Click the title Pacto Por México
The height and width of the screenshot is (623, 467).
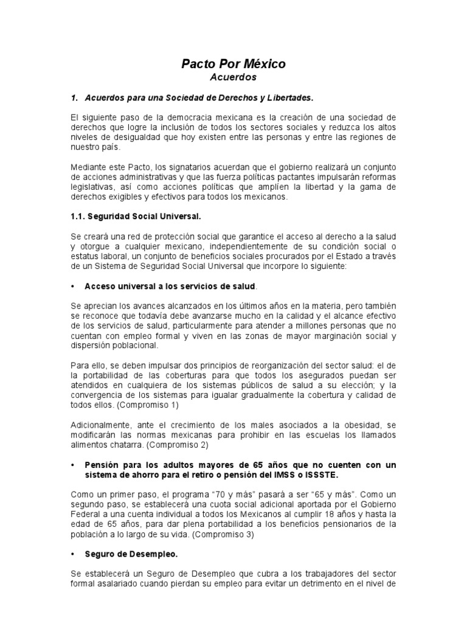pos(233,64)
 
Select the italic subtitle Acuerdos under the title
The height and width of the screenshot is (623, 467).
pos(233,77)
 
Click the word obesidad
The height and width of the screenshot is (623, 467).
pos(365,424)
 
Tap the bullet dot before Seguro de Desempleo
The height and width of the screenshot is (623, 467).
pos(73,555)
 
